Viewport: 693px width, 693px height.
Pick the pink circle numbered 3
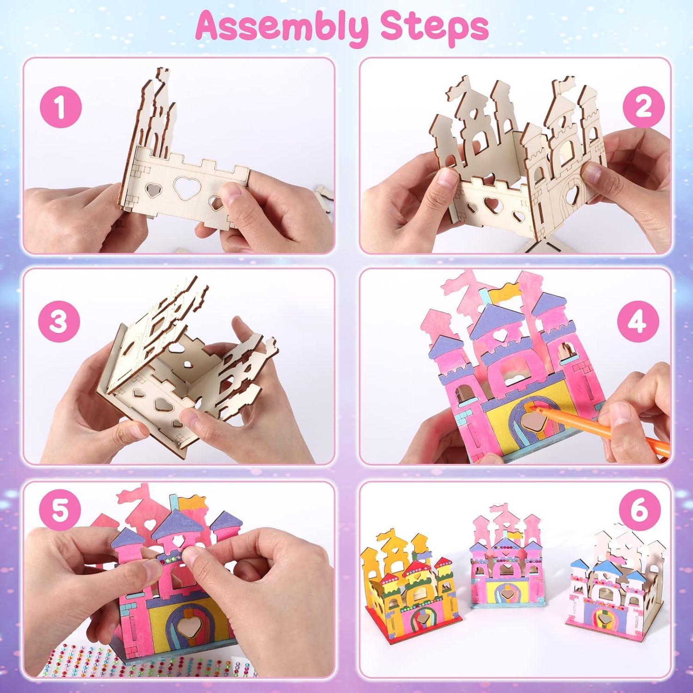pos(59,320)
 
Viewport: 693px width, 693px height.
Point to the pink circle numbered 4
pos(638,320)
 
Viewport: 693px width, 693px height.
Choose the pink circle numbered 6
pos(639,511)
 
